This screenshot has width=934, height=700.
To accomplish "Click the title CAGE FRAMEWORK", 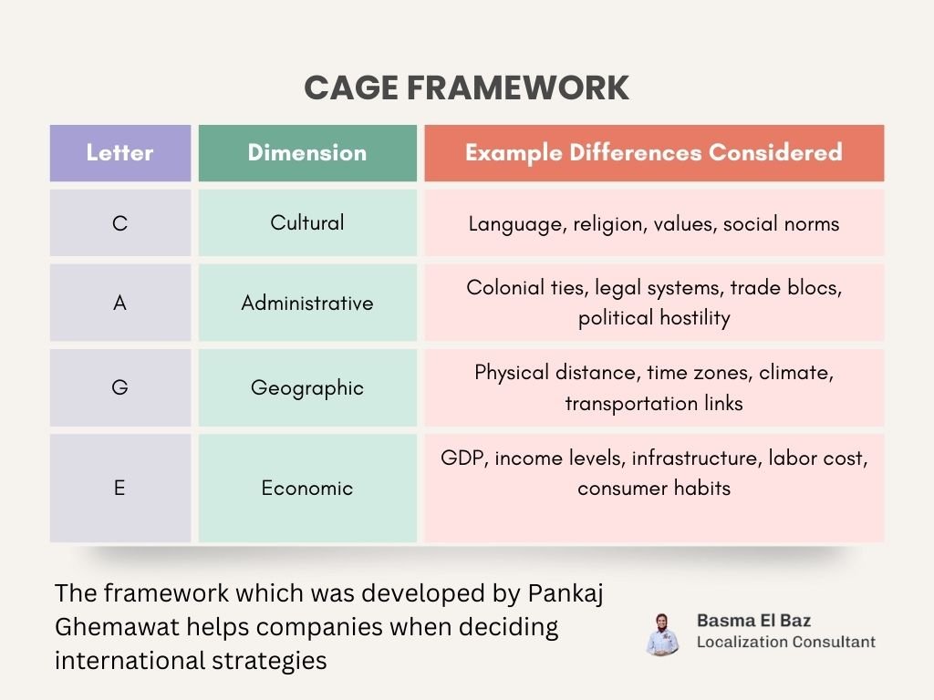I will pos(466,88).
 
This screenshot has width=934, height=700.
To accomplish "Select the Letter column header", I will pos(120,153).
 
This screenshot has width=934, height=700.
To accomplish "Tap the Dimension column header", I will pos(307,153).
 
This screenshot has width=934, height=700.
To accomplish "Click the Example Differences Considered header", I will pos(654,153).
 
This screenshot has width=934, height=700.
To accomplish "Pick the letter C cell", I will pos(120,223).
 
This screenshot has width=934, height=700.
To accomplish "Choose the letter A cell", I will pos(120,304).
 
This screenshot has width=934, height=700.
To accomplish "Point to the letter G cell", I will pos(120,388).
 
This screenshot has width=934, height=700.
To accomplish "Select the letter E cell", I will pos(120,489).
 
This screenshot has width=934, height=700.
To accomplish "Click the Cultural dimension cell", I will pos(307,223).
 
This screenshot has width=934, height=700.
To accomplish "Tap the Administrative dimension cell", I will pos(307,304).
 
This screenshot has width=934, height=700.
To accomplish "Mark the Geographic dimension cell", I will pos(307,388).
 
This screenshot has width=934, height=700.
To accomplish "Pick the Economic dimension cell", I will pos(307,489).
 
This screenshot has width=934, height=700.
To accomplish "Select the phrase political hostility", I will pos(654,318).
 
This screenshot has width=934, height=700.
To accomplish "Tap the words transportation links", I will pos(654,403).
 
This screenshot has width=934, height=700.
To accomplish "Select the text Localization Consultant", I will pos(785,642).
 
